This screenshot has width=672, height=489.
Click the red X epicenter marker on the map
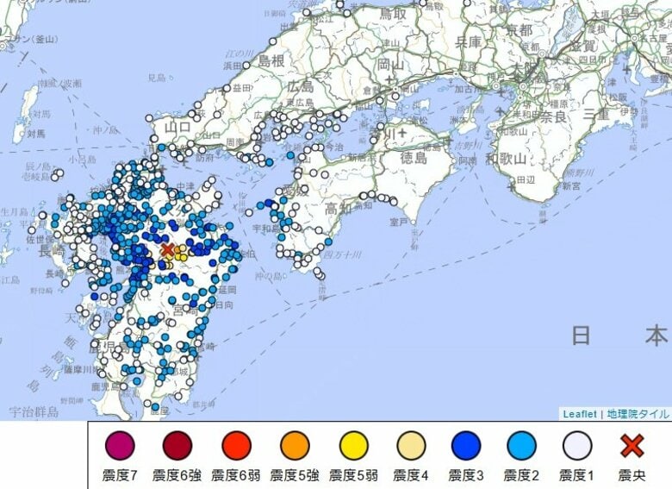tap(167, 250)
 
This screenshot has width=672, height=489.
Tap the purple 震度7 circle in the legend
tap(119, 446)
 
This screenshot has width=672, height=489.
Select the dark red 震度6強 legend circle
tap(177, 446)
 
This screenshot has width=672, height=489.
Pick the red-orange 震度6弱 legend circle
tap(236, 446)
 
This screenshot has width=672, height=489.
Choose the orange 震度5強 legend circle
tap(295, 446)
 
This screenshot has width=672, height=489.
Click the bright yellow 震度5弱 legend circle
tap(353, 446)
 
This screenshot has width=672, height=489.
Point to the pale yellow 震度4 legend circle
tap(410, 446)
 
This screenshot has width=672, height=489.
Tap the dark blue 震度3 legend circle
tap(467, 446)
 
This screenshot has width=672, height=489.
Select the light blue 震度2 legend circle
tap(522, 446)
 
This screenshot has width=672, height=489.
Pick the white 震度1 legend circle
tap(577, 446)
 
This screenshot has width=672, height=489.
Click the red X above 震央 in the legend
tap(632, 446)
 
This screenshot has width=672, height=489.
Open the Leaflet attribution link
tap(580, 414)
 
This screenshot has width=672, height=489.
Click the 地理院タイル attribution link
tap(638, 414)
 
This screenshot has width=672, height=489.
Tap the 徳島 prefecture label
tap(414, 159)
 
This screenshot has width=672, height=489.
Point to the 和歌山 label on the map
tap(505, 159)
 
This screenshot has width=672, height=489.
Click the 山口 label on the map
tap(177, 128)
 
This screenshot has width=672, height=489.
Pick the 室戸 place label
tap(397, 222)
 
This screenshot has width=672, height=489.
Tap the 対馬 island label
tap(35, 135)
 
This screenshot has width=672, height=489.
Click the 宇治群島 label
tap(33, 412)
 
